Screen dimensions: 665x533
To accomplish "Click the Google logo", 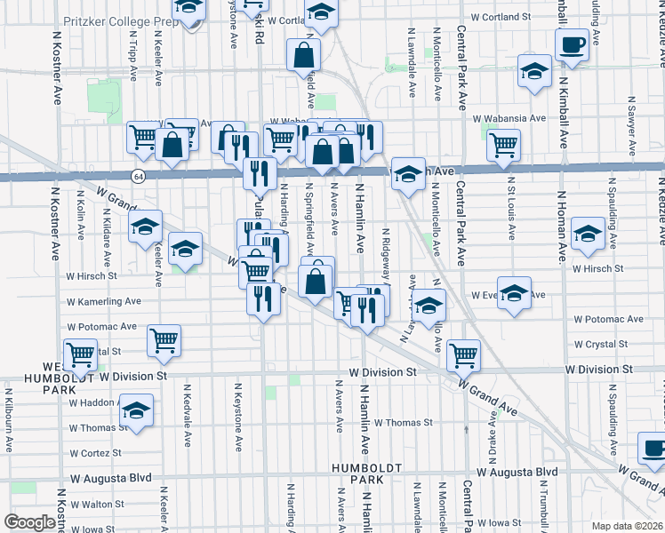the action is click(30, 521).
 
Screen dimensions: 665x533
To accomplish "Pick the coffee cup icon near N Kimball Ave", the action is click(571, 45).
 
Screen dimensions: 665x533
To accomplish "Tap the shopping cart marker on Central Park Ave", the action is click(463, 355).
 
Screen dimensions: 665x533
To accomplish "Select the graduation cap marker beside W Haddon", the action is click(136, 410).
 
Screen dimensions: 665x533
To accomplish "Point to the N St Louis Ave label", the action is click(511, 214).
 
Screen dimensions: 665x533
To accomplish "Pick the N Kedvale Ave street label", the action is click(188, 414).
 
